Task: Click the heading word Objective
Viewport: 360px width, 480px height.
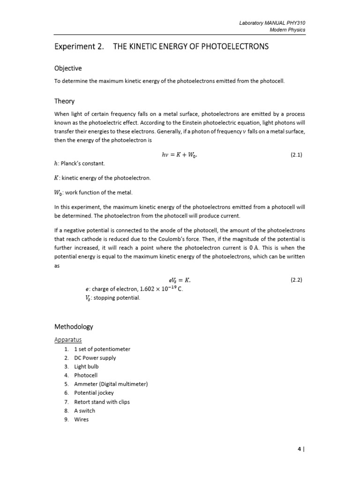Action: [68, 68]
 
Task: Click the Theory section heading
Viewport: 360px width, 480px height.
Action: [64, 101]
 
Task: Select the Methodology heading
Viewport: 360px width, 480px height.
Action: [74, 327]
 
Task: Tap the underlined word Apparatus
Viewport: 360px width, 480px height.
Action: [68, 339]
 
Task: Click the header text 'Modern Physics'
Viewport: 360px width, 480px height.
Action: [287, 30]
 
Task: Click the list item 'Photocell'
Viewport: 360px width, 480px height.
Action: [86, 375]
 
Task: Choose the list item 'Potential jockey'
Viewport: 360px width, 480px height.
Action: [94, 393]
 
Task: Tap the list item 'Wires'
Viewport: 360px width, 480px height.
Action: [82, 419]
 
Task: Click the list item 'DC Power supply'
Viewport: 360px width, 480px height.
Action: [95, 358]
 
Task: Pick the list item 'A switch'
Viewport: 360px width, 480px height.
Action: [84, 411]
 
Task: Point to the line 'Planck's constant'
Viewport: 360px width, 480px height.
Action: [82, 164]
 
